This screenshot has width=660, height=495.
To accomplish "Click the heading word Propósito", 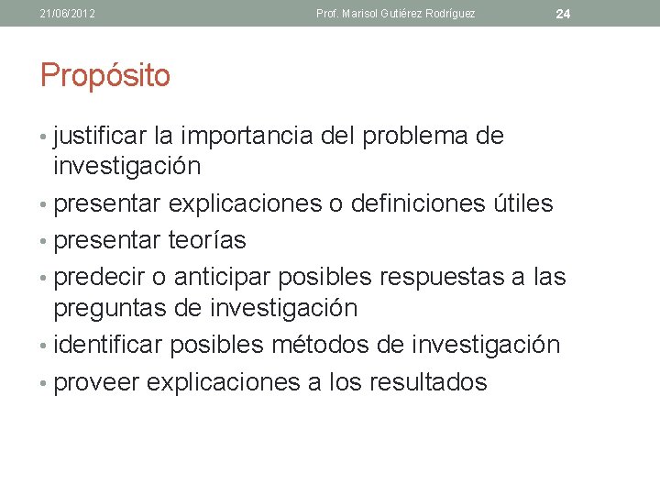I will pos(105,76).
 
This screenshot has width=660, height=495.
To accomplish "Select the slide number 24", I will pos(563,14).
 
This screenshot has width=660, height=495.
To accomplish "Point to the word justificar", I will pos(101,137).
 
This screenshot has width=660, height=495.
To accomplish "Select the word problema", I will pos(416,137).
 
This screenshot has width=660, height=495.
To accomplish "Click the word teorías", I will pos(207,240).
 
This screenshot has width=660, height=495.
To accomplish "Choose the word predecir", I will pos(100,277).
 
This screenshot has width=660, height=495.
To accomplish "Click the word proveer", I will pos(96,381).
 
